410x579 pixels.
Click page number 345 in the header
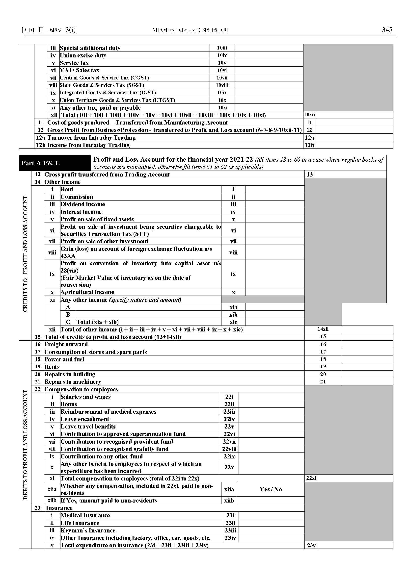[x=387, y=30]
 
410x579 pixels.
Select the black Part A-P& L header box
[x=55, y=163]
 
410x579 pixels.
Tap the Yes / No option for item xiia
[x=270, y=489]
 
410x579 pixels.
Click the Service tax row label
[x=74, y=63]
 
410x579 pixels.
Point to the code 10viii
[x=222, y=85]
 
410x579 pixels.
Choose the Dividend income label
[x=82, y=204]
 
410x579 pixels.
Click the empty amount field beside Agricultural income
[x=275, y=292]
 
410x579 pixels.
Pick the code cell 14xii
[x=323, y=329]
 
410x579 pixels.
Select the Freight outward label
[x=66, y=344]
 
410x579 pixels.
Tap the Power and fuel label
[x=64, y=359]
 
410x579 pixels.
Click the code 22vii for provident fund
[x=229, y=442]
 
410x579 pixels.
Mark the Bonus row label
[x=69, y=404]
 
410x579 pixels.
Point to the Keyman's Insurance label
[x=88, y=530]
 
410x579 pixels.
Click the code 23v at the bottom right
[x=311, y=545]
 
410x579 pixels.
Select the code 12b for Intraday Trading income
[x=309, y=145]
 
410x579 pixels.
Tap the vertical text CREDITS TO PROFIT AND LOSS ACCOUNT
[x=25, y=254]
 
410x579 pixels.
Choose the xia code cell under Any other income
[x=233, y=307]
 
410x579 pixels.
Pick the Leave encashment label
[x=85, y=419]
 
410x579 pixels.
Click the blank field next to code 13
[x=350, y=175]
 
